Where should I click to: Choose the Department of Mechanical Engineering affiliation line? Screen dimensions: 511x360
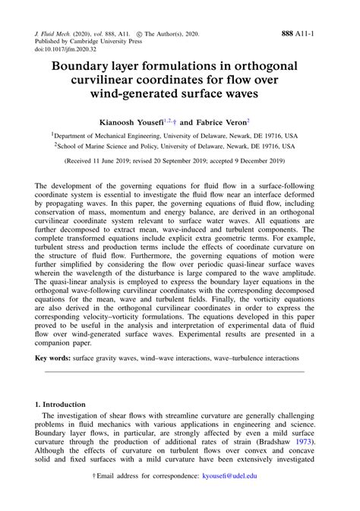pyautogui.click(x=179, y=134)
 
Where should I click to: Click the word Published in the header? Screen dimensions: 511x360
pyautogui.click(x=50, y=23)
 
